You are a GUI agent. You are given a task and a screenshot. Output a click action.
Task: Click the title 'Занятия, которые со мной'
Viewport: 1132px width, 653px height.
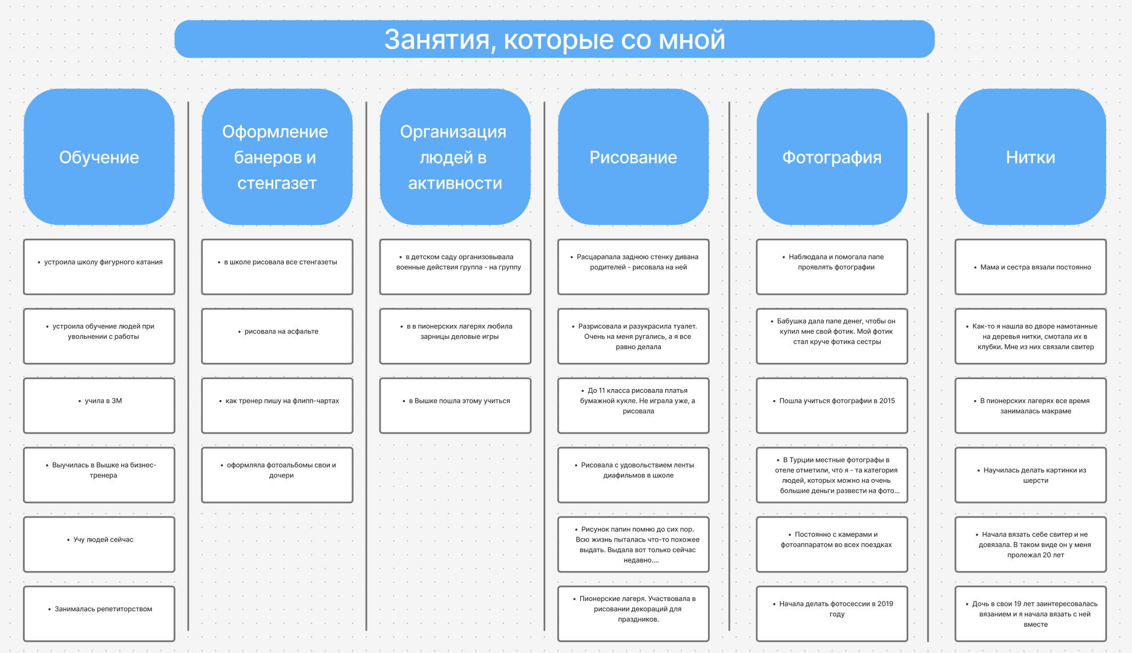[x=554, y=40]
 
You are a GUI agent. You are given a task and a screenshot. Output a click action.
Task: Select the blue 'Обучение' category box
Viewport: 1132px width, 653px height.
[x=99, y=157]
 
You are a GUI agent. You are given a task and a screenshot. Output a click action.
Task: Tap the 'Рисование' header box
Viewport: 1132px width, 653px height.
[x=633, y=157]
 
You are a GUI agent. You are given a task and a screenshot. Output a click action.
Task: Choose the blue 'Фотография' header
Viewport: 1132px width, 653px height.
[x=831, y=157]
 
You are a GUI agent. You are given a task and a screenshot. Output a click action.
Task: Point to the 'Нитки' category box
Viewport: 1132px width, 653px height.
[x=1030, y=157]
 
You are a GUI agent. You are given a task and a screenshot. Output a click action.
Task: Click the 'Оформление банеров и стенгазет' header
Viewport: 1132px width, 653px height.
[x=277, y=157]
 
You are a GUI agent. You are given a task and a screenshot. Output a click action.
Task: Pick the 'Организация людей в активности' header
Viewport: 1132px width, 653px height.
[x=455, y=157]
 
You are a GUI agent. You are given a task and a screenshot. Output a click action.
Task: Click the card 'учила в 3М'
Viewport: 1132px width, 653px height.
[x=99, y=406]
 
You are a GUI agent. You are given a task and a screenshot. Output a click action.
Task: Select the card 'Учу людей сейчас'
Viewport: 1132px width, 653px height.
[x=99, y=544]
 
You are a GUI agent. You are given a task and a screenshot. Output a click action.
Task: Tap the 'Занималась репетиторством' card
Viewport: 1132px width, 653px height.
[x=99, y=613]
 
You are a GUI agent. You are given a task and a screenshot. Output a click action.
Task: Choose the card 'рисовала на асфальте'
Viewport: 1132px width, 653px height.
[x=277, y=336]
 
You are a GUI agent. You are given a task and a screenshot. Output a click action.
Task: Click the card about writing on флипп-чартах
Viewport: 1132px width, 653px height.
[x=277, y=406]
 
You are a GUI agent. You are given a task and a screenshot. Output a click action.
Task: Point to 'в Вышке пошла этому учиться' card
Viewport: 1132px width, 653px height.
[x=455, y=406]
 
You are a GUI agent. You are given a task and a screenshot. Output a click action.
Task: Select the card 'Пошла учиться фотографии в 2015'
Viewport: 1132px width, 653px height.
[x=831, y=406]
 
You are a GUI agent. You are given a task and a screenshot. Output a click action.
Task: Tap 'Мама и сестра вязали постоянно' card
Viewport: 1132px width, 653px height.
[x=1030, y=267]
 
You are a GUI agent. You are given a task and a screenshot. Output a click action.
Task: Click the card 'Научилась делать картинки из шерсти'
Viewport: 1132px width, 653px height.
[x=1030, y=475]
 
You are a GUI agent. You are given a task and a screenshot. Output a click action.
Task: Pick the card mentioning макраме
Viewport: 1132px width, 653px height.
[x=1030, y=406]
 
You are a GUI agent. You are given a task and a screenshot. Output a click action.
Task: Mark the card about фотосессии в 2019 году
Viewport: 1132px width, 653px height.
[x=831, y=613]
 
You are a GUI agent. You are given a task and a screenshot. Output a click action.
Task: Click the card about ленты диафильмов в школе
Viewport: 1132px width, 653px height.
[x=633, y=475]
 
